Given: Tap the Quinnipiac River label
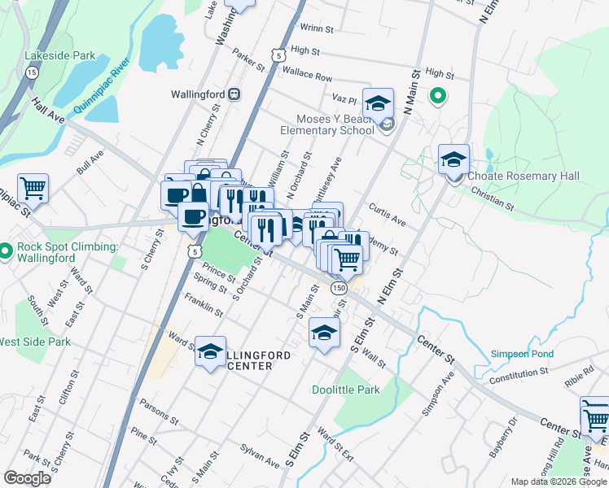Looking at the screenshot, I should coord(102,85).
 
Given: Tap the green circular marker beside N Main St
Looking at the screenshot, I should coord(437,97).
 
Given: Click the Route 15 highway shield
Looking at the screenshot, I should coord(32,72).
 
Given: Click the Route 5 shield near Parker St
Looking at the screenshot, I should coord(278,55).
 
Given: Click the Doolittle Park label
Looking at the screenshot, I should coord(346,390).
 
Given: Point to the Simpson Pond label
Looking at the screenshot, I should coord(522,354).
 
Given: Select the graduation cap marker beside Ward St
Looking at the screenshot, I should coord(210,351).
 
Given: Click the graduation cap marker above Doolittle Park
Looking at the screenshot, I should coord(324,333).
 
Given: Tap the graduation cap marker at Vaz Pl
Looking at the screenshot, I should coord(378,103).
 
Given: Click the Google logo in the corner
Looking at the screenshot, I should coord(27,477).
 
